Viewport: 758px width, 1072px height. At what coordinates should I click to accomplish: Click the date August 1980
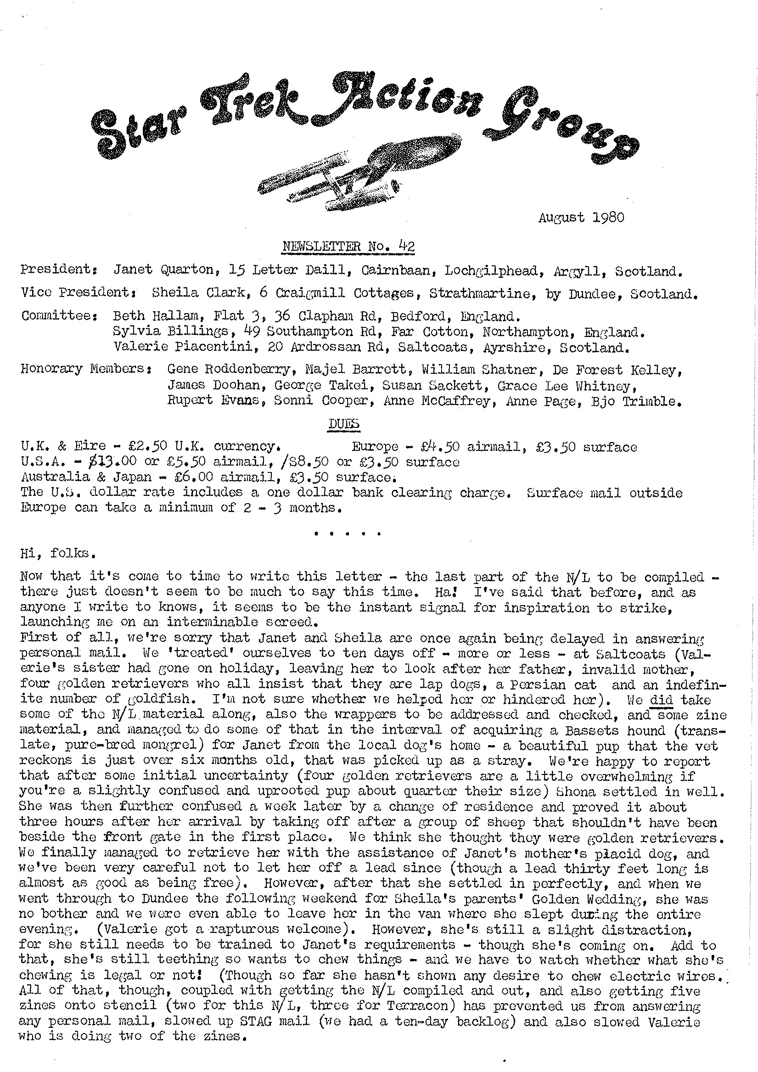click(581, 218)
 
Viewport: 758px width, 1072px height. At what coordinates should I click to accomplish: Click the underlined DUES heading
click(344, 423)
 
